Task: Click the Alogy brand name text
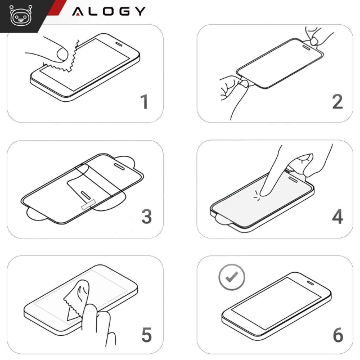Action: (x=109, y=11)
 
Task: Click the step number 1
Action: (x=145, y=102)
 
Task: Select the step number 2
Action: (x=337, y=102)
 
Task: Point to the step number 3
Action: (x=146, y=217)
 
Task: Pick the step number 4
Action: (x=337, y=217)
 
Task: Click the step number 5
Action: (x=146, y=335)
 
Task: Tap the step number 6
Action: (x=337, y=335)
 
